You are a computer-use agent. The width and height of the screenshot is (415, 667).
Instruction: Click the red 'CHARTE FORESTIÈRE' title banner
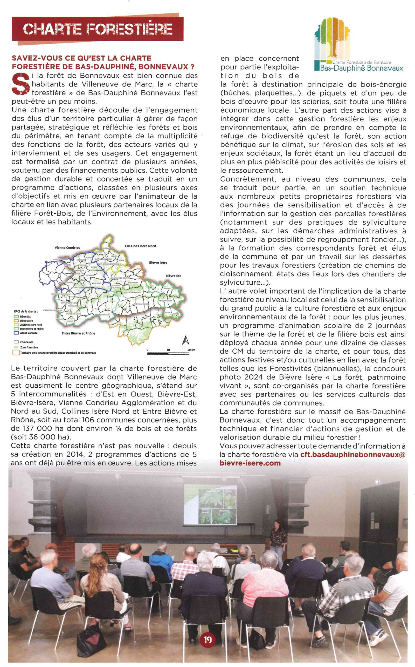pos(98,29)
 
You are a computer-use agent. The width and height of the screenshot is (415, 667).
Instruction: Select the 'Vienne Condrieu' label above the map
pos(67,247)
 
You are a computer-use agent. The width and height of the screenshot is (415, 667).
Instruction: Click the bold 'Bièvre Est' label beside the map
pos(173,275)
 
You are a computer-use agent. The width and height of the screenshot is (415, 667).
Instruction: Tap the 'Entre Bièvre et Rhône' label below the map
pos(78,333)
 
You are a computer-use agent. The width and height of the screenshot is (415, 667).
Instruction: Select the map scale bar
pos(168,354)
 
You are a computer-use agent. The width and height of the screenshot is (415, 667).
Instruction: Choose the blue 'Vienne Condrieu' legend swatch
pos(16,333)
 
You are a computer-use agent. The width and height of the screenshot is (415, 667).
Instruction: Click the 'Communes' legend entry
pos(26,342)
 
